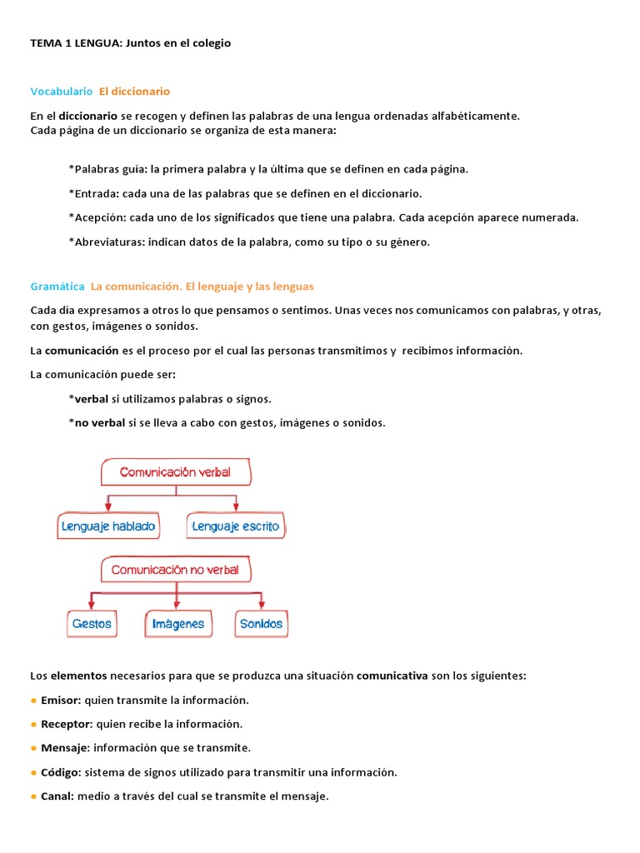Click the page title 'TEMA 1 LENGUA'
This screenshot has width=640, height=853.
pyautogui.click(x=76, y=43)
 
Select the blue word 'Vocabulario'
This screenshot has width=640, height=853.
pyautogui.click(x=62, y=91)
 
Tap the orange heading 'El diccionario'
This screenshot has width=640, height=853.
pyautogui.click(x=134, y=91)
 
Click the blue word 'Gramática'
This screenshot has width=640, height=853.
pyautogui.click(x=57, y=286)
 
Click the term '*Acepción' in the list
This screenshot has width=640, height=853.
pyautogui.click(x=94, y=217)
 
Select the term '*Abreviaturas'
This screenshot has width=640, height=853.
pyautogui.click(x=105, y=242)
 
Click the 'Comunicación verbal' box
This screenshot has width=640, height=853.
pyautogui.click(x=175, y=472)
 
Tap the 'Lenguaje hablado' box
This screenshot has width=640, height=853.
pyautogui.click(x=108, y=526)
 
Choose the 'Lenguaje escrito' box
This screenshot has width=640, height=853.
pyautogui.click(x=236, y=526)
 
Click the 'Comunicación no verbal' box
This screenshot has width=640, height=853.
pyautogui.click(x=175, y=570)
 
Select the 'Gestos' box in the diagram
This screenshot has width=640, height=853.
pyautogui.click(x=92, y=623)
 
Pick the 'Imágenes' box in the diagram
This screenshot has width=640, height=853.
pyautogui.click(x=178, y=624)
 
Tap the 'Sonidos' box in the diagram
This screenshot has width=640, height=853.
pyautogui.click(x=261, y=623)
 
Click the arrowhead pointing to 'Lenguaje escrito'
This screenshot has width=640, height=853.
pyautogui.click(x=237, y=507)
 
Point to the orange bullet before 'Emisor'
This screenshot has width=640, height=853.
pyautogui.click(x=34, y=701)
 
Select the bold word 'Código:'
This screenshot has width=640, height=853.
pyautogui.click(x=61, y=772)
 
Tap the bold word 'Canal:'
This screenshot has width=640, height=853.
pyautogui.click(x=57, y=796)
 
